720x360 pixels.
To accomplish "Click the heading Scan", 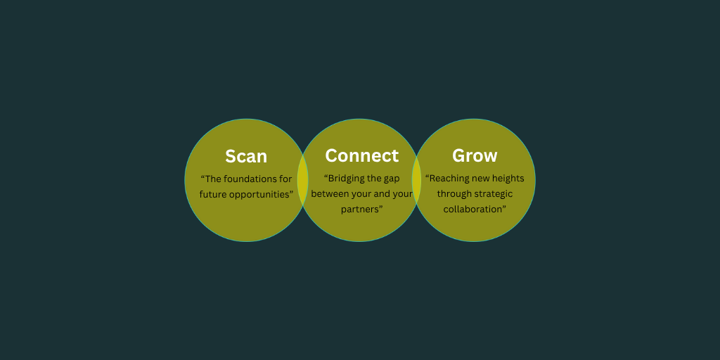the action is click(x=246, y=157).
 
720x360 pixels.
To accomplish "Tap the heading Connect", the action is click(x=362, y=155).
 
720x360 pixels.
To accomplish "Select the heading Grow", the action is click(x=475, y=155).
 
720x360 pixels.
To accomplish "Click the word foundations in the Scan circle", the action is click(x=251, y=179).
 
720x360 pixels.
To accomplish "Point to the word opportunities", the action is click(x=261, y=195).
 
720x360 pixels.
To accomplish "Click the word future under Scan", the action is click(x=213, y=194).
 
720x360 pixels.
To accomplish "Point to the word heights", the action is click(x=508, y=179).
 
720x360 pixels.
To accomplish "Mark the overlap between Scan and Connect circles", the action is click(x=302, y=180).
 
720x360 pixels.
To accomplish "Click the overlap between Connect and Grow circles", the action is click(x=416, y=180).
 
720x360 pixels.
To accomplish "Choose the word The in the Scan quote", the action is click(x=211, y=179).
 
